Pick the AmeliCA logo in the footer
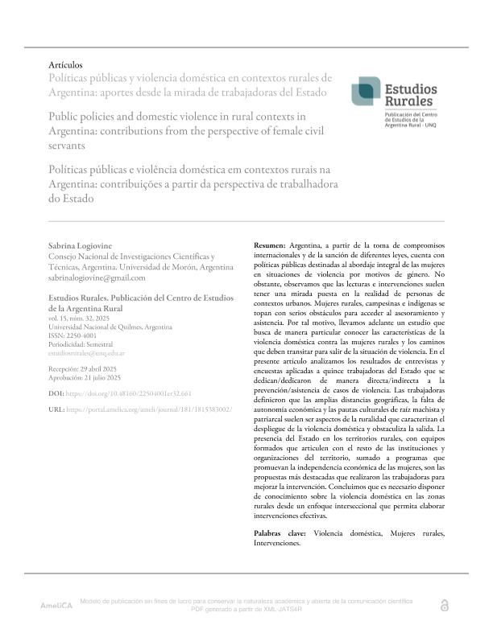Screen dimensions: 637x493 [x=56, y=605]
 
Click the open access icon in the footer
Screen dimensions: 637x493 [x=444, y=605]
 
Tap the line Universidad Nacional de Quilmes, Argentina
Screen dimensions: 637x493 [x=110, y=328]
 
